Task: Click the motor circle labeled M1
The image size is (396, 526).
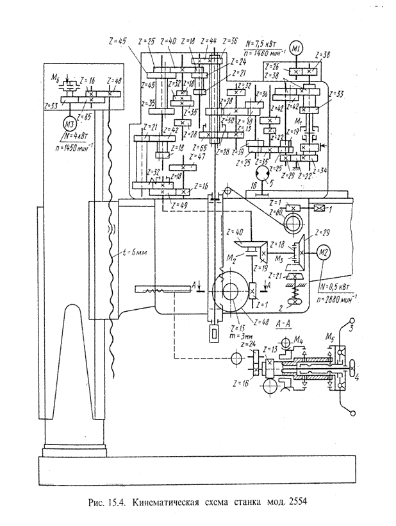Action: pos(296,48)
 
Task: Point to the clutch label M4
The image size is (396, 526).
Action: pos(299,340)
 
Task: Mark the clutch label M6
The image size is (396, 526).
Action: pos(56,78)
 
